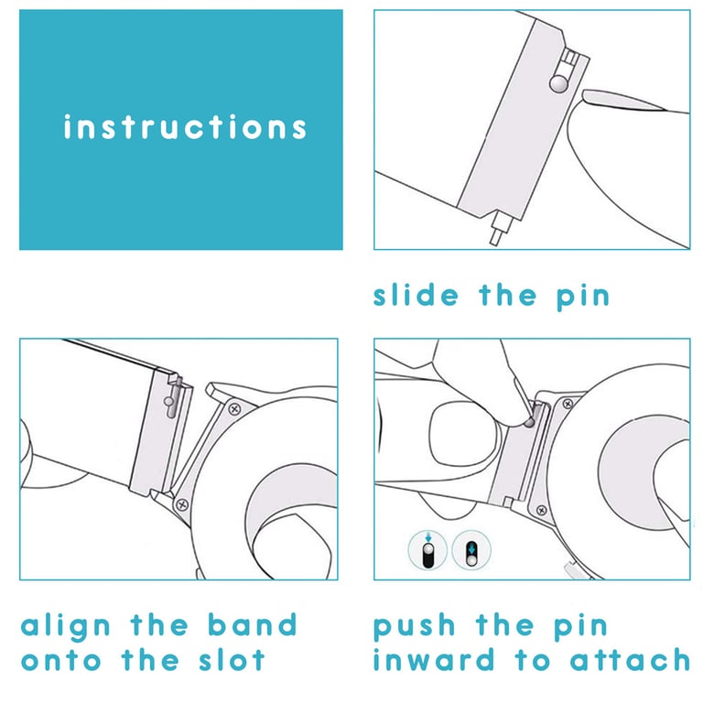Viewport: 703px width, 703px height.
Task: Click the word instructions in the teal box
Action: point(185,127)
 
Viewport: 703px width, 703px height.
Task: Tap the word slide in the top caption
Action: point(416,295)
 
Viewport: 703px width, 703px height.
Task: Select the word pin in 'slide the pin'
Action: point(583,297)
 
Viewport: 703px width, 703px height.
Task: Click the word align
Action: point(66,626)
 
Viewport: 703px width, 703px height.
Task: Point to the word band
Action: point(253,624)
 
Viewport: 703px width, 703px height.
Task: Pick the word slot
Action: point(232,659)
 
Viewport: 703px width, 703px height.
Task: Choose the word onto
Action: point(61,661)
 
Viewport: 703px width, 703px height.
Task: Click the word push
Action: point(415,626)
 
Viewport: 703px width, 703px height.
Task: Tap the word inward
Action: point(434,659)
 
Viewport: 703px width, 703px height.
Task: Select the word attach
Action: point(630,660)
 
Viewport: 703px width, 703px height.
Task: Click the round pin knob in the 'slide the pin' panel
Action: point(558,84)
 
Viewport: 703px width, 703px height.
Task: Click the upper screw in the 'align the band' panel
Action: point(234,409)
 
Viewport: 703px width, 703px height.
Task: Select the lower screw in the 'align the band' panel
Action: point(182,504)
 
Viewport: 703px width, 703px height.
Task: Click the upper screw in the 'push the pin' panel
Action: point(568,404)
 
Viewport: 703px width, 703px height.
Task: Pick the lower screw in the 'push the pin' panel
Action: point(542,510)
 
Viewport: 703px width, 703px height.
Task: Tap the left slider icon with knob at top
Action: point(427,549)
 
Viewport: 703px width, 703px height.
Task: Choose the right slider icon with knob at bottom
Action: point(471,549)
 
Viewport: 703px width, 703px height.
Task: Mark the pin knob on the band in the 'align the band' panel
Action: point(169,401)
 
